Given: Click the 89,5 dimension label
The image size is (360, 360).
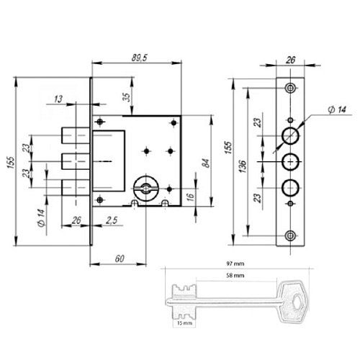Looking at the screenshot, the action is tap(140, 58).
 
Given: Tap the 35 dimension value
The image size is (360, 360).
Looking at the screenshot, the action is tap(127, 96).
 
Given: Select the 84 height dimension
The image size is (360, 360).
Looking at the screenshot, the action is tap(206, 163).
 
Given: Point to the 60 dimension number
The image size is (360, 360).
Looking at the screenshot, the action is tap(120, 258).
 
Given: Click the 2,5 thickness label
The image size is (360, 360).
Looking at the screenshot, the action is tap(112, 220).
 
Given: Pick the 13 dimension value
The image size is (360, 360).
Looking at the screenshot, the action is tap(58, 99).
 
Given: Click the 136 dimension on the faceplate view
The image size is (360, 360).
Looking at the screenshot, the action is tap(243, 166).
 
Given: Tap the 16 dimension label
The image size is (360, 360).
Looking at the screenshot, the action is tap(190, 197).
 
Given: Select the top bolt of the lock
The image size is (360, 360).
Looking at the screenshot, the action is tap(76, 135).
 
